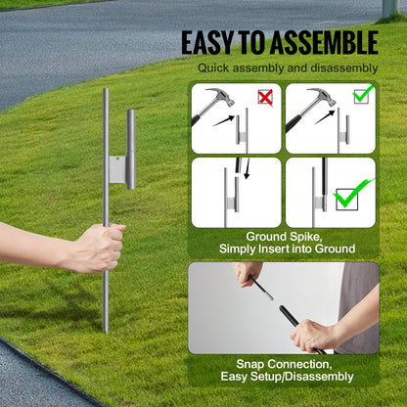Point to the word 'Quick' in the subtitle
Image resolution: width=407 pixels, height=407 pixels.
point(216,68)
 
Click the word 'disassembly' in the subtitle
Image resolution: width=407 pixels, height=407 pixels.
point(341,68)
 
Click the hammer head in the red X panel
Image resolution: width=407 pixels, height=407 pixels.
point(219,98)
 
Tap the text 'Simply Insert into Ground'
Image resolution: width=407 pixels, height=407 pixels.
point(283,250)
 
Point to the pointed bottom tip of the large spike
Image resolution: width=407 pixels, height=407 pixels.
point(105,329)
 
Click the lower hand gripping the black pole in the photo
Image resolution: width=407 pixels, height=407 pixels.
point(310,333)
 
